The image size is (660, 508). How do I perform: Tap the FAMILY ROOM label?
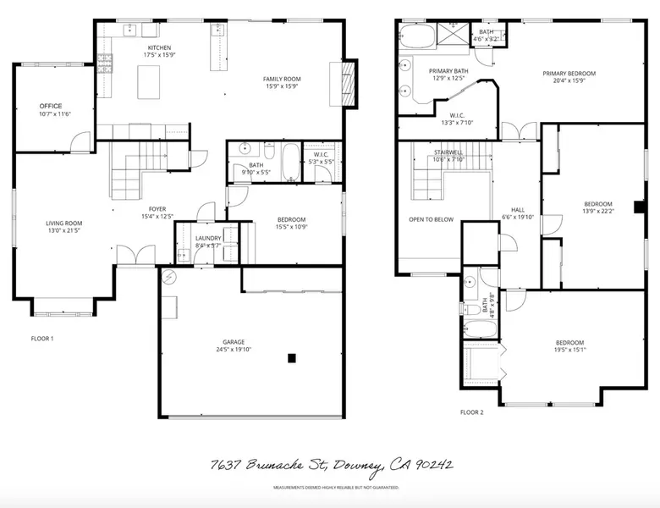(282, 79)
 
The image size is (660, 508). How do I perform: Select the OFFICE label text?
(50, 106)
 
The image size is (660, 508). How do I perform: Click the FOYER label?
(157, 208)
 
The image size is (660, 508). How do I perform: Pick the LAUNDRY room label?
(208, 238)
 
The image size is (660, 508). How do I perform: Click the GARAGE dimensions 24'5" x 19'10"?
(233, 349)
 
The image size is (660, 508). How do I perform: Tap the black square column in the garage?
(292, 358)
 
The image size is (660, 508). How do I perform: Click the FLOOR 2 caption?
(471, 412)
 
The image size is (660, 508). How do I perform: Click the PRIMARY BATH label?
(448, 71)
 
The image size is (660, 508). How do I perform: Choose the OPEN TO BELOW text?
(431, 219)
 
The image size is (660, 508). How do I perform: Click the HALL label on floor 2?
(519, 211)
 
